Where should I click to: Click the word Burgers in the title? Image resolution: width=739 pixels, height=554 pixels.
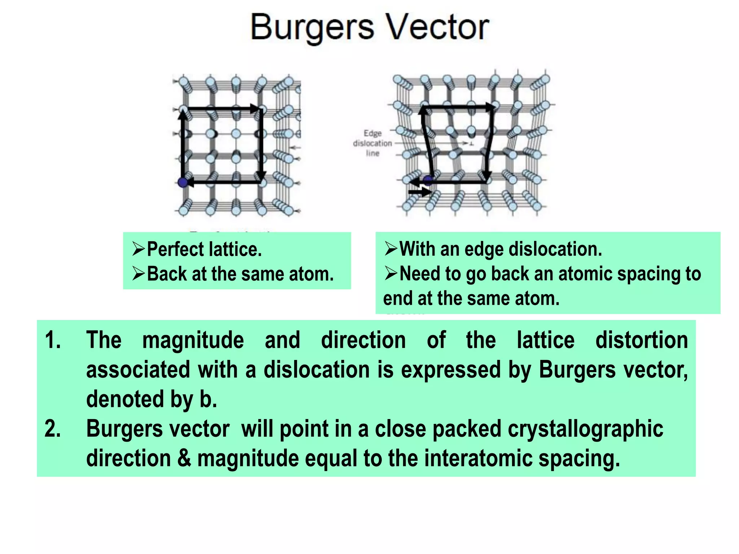coord(312,28)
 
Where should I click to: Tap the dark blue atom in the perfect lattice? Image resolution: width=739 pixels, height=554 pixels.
coord(183,182)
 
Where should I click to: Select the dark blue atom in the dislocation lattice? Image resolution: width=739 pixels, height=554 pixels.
coord(428,180)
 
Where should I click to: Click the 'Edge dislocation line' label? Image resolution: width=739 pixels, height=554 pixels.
coord(372,143)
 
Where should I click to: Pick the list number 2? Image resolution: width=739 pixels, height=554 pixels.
coord(53,429)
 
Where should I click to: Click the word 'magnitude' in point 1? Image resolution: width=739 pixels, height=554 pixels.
coord(193,340)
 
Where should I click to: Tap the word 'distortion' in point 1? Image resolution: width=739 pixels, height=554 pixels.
coord(642,340)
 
